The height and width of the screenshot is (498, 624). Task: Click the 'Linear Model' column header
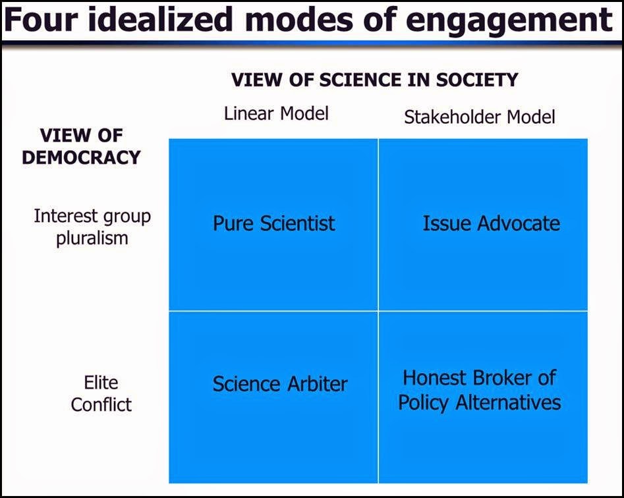[x=276, y=113]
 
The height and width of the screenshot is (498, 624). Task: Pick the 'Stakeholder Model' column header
[x=479, y=117]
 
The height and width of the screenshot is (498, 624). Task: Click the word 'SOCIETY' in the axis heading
[x=477, y=80]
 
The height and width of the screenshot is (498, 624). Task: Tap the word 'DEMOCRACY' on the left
[x=81, y=157]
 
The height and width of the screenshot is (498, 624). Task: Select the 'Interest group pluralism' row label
[x=92, y=227]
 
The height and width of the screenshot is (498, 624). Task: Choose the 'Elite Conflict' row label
[x=101, y=393]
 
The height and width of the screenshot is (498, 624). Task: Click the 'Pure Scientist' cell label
[x=274, y=223]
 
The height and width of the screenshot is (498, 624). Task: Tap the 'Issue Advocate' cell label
[x=491, y=223]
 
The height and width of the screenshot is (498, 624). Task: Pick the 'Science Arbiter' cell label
[x=280, y=384]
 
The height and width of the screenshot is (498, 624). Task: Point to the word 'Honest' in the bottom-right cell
[x=434, y=378]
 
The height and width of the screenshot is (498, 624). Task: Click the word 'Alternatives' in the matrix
[x=508, y=402]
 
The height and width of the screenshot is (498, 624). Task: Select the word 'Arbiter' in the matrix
[x=317, y=384]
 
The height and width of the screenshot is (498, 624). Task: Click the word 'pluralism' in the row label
[x=92, y=238]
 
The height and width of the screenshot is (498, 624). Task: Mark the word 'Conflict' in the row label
[x=101, y=404]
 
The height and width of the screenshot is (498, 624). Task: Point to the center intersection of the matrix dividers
[x=378, y=311]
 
